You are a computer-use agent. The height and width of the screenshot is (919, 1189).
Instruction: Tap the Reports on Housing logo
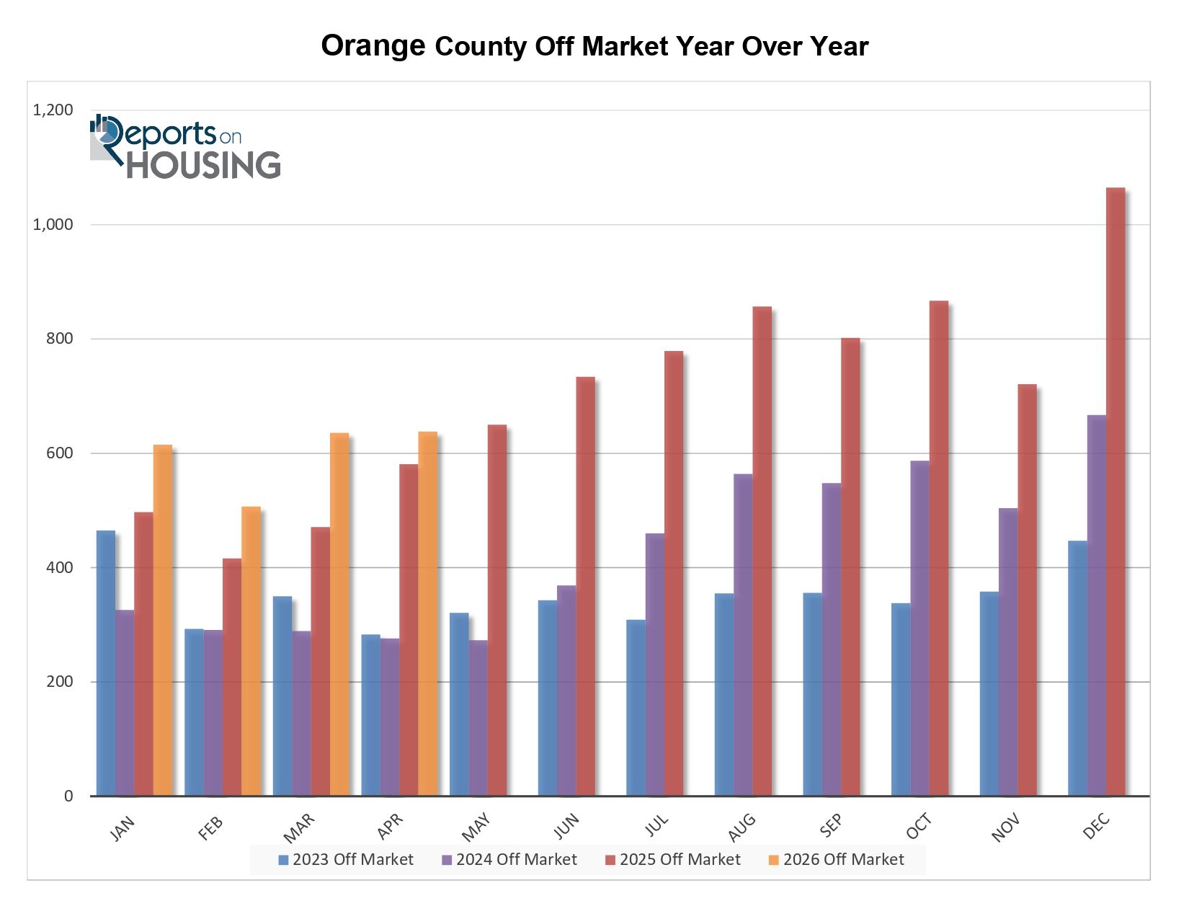(x=185, y=146)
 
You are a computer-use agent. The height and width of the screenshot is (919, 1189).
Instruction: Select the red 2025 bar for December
(x=1115, y=492)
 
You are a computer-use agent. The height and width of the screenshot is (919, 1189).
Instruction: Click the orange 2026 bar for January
(x=163, y=620)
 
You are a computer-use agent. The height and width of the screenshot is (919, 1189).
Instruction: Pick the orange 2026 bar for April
(x=427, y=613)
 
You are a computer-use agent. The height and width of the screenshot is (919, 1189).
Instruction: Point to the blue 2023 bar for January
(x=106, y=663)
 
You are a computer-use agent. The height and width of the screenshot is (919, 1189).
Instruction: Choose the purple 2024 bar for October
(x=919, y=629)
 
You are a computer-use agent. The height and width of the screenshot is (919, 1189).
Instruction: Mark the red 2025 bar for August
(x=762, y=551)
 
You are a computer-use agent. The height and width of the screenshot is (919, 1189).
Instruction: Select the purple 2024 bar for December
(x=1096, y=605)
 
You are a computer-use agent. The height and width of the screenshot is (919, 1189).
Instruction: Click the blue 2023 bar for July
(x=636, y=708)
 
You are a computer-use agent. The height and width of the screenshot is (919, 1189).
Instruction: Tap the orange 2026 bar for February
(x=251, y=652)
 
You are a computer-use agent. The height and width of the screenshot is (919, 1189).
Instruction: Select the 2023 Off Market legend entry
(x=346, y=859)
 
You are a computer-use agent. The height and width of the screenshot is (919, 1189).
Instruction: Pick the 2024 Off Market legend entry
(x=509, y=859)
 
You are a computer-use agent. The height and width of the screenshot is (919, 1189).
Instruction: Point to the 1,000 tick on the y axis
(x=53, y=224)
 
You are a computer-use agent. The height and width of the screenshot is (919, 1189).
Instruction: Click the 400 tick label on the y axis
(x=60, y=567)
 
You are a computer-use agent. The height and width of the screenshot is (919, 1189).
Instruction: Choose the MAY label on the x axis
(x=476, y=827)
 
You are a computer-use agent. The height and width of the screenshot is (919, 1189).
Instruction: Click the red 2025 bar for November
(x=1026, y=590)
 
